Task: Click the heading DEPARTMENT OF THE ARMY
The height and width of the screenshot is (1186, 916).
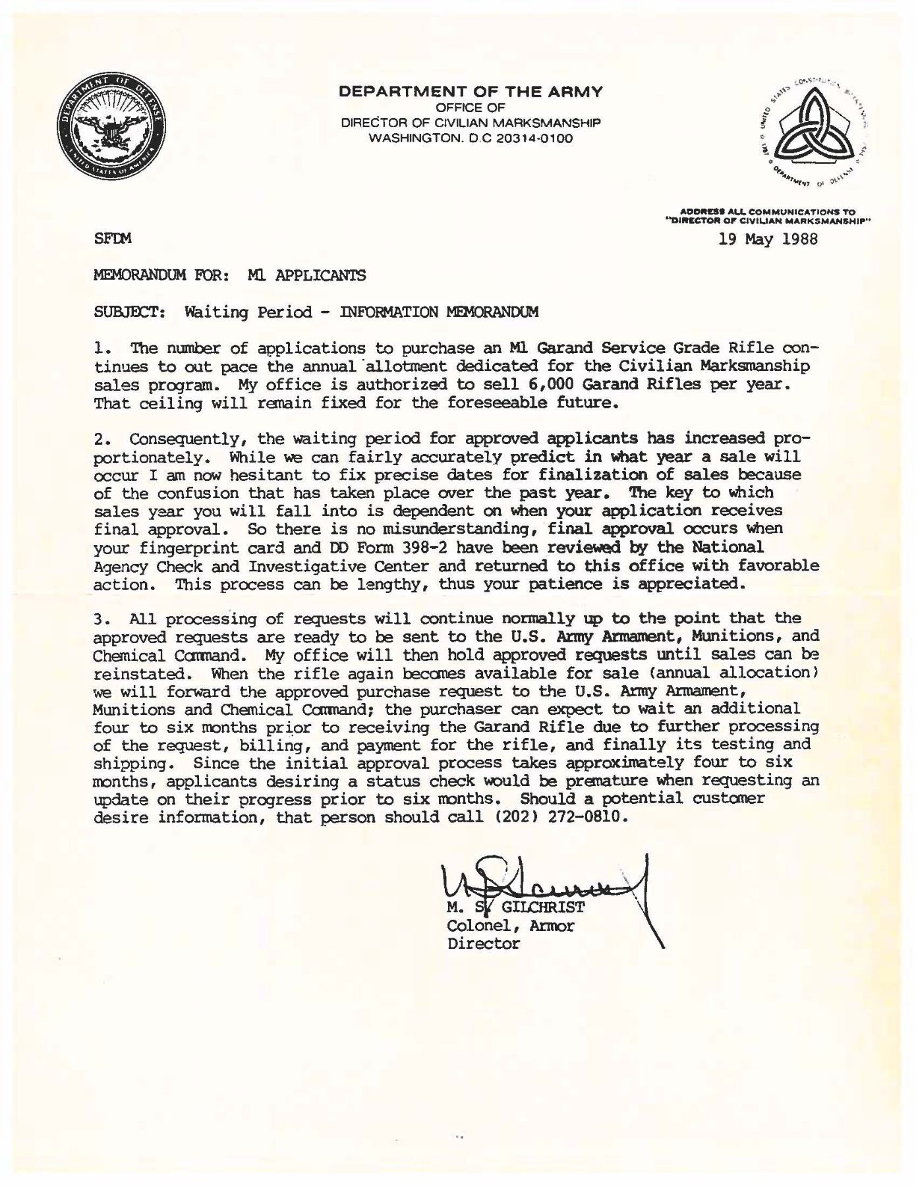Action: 471,92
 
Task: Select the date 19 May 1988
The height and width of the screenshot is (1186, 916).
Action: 768,239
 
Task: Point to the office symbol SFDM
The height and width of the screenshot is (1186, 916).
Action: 113,239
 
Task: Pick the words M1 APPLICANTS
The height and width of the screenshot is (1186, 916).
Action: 306,275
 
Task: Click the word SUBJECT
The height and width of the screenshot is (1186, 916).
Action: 130,312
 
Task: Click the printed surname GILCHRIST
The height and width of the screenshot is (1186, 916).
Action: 543,907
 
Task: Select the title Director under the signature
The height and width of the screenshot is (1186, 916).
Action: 483,944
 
